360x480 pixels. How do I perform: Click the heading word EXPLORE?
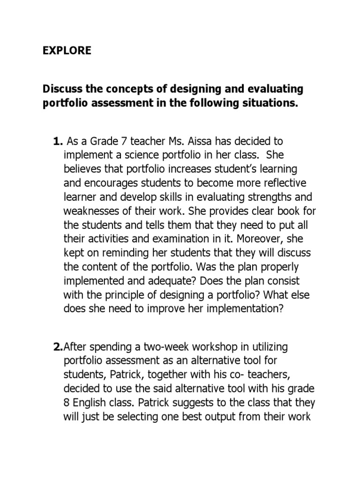67,51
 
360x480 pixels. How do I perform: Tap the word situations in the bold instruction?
267,103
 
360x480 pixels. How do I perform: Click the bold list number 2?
58,347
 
